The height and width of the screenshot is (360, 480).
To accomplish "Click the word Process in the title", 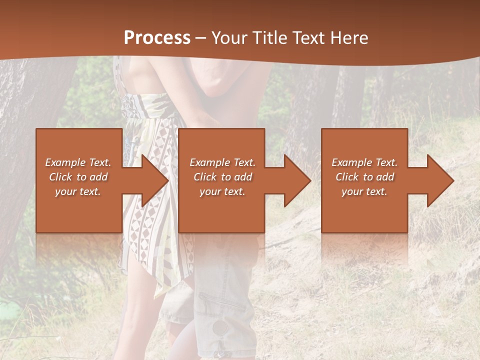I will [157, 38].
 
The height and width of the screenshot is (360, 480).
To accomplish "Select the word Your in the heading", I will [229, 38].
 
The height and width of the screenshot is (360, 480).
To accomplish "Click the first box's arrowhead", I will [150, 180].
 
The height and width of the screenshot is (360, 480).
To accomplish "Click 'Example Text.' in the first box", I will [78, 162].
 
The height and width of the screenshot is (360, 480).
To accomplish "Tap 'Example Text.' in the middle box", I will [222, 162].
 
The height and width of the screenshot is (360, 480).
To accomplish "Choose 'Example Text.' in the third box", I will [364, 162].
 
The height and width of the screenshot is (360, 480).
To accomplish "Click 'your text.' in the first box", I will [78, 191].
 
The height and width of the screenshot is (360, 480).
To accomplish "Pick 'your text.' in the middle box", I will [222, 191].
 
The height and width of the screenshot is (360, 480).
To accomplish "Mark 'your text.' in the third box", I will [364, 191].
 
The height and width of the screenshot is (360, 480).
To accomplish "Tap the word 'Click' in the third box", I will [347, 177].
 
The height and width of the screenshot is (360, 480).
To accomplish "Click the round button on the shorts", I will [219, 328].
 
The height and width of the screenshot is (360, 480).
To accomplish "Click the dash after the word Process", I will [201, 38].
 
